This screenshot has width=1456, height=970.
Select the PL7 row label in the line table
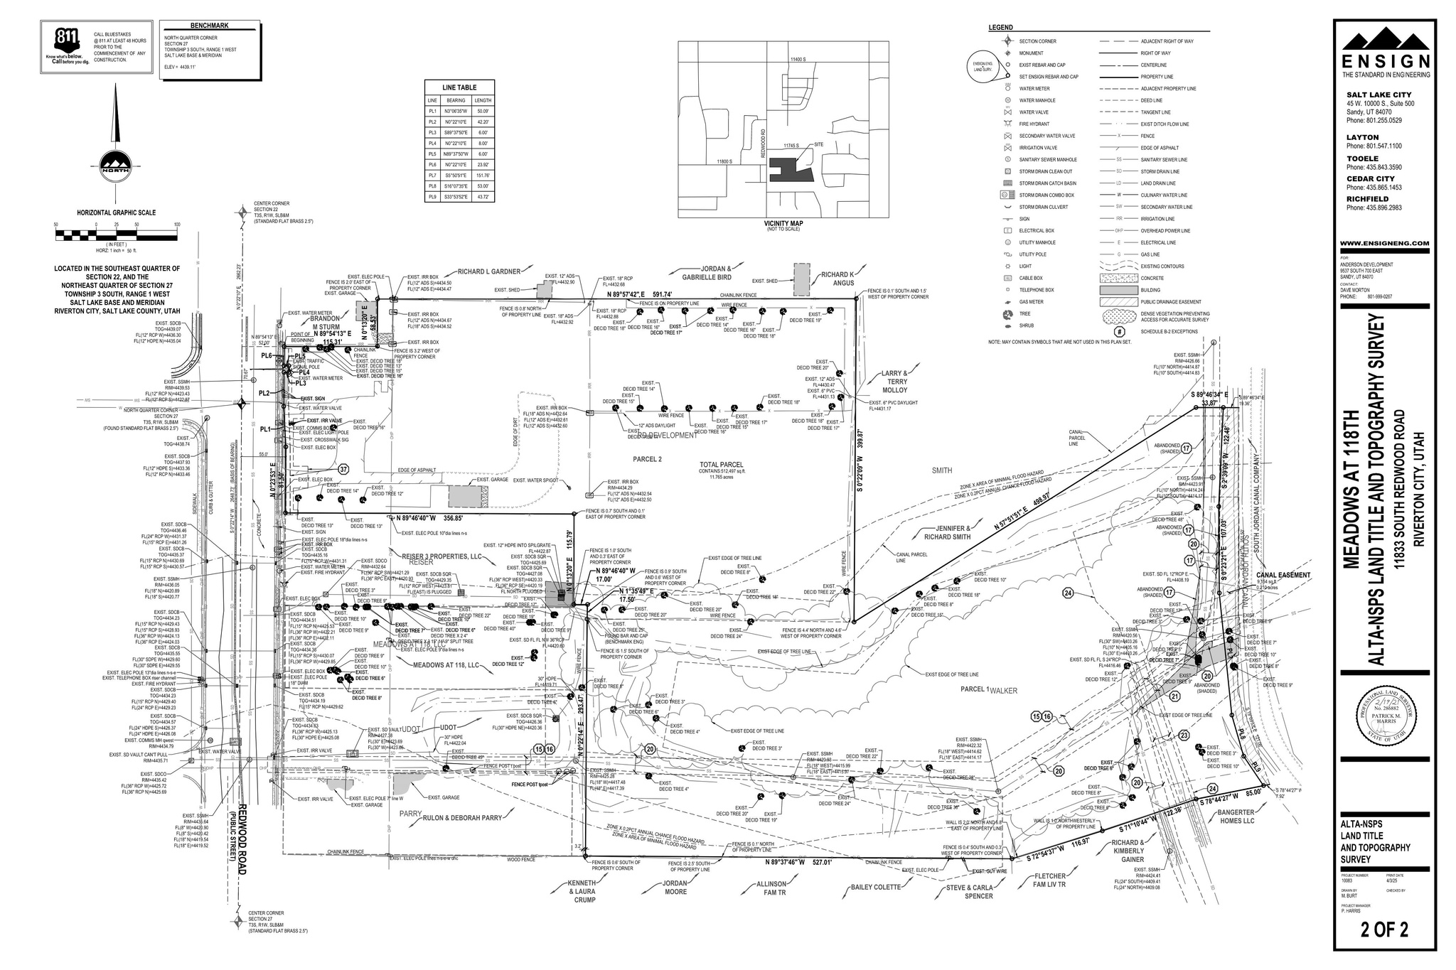(432, 175)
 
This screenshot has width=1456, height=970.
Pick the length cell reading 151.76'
(483, 175)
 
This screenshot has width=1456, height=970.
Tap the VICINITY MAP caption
(782, 222)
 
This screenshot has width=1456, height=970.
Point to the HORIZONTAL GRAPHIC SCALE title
(116, 212)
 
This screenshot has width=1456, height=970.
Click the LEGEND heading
(1000, 28)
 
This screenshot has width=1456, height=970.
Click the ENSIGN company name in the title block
(1386, 63)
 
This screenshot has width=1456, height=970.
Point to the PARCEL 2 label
(647, 459)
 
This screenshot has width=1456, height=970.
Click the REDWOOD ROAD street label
(242, 831)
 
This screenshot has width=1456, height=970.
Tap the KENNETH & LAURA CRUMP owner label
(582, 889)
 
